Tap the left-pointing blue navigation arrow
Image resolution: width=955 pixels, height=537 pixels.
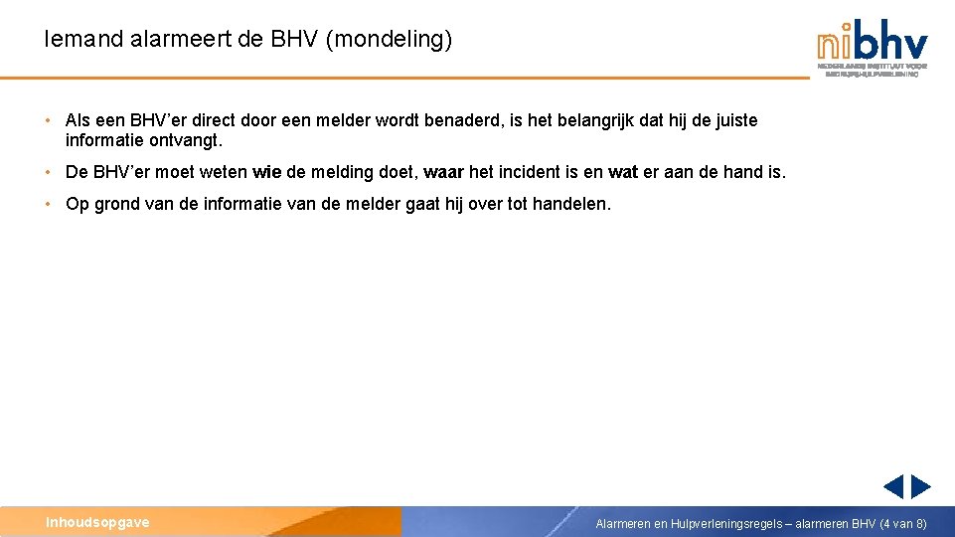click(x=893, y=486)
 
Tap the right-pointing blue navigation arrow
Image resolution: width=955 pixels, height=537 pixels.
click(x=921, y=486)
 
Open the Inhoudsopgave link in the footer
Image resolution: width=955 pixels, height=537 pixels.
click(x=97, y=522)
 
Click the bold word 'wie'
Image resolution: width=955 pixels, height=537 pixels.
click(x=267, y=172)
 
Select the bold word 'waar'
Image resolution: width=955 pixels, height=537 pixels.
click(x=443, y=172)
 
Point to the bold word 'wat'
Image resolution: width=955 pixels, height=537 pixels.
click(x=622, y=172)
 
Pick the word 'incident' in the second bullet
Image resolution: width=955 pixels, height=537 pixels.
click(x=530, y=172)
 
